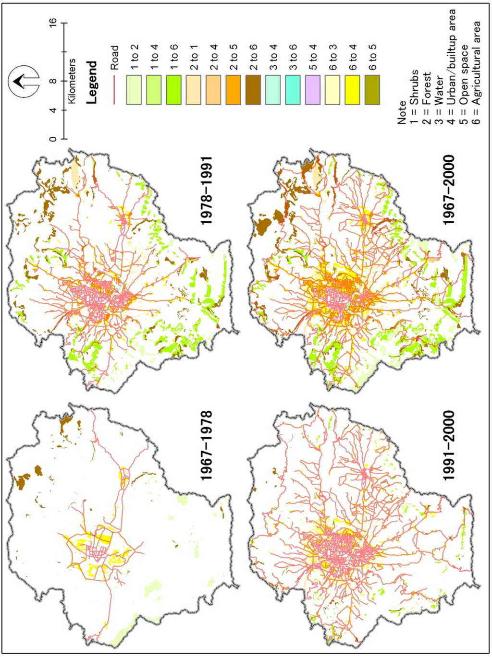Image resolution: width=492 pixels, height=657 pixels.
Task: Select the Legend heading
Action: (x=92, y=82)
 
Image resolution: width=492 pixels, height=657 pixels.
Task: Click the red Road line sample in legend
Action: (x=114, y=89)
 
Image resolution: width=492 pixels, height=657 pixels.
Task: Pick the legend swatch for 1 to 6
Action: (x=174, y=89)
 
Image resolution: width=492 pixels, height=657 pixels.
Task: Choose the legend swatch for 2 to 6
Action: (x=254, y=89)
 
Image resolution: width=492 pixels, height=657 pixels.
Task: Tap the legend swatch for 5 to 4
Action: (x=313, y=89)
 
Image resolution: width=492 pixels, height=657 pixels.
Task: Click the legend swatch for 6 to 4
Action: (x=353, y=89)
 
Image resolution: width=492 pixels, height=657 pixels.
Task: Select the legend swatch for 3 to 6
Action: (x=293, y=89)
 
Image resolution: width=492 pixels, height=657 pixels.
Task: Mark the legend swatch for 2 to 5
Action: (x=234, y=89)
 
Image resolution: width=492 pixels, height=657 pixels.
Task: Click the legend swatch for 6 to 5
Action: (x=373, y=89)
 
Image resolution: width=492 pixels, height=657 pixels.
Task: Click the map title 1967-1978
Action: (x=207, y=445)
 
